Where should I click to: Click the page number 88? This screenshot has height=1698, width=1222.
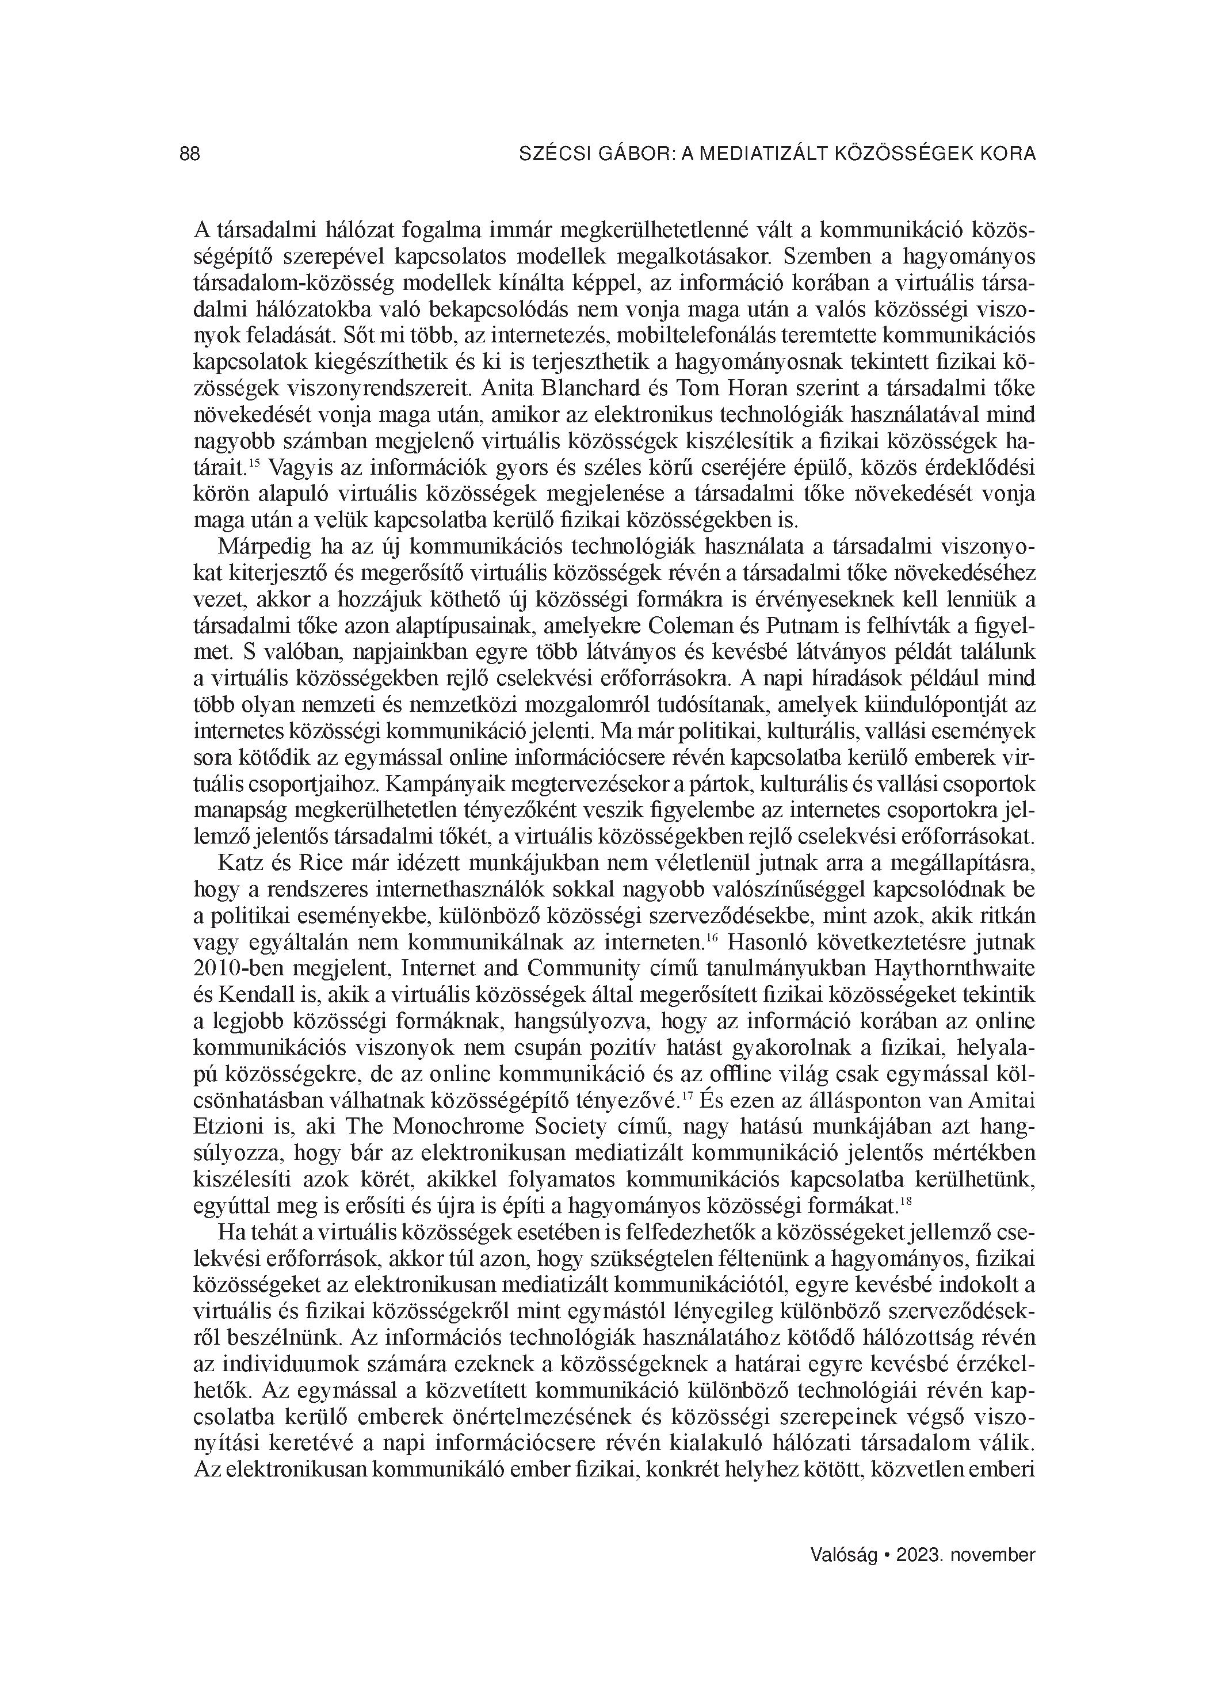[190, 154]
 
